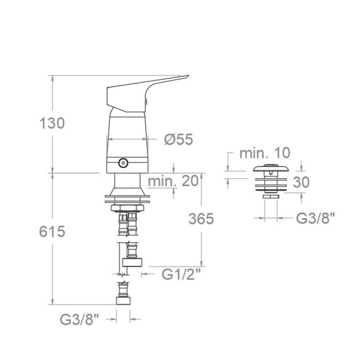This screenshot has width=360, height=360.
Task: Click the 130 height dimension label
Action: click(x=52, y=123)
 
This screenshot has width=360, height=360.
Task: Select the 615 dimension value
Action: click(x=52, y=231)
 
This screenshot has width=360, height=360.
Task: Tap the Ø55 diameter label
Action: click(x=179, y=139)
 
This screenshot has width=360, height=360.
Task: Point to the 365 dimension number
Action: click(x=201, y=219)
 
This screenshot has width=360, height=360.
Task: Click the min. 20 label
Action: click(x=173, y=181)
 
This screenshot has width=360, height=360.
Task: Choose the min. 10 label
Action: click(x=265, y=153)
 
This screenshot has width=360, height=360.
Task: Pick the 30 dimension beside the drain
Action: click(x=301, y=182)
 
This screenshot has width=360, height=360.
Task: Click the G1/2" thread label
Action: click(x=181, y=274)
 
